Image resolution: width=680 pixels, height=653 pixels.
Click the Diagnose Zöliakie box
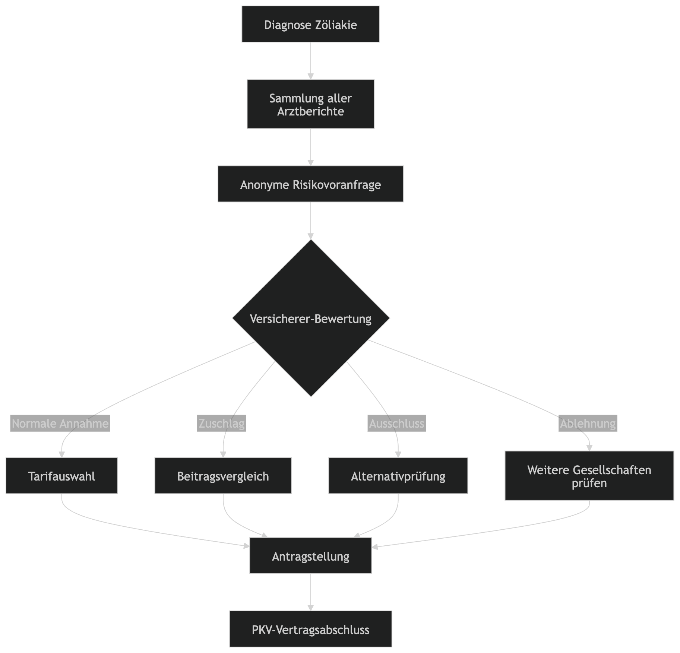point(310,24)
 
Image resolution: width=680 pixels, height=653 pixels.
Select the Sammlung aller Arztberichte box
point(310,104)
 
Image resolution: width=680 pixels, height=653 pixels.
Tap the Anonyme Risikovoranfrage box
point(310,184)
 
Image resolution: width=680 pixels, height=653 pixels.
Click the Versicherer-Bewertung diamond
point(311,318)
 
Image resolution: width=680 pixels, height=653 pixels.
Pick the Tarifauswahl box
point(62,476)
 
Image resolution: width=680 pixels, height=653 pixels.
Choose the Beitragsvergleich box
point(223,476)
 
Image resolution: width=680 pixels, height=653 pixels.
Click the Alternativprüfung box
point(398,476)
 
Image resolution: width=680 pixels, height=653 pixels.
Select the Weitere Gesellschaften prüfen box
point(589,476)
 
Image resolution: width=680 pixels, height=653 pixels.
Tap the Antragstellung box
point(310,556)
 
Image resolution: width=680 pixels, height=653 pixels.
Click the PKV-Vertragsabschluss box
point(310,630)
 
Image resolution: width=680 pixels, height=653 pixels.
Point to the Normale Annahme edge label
point(60,424)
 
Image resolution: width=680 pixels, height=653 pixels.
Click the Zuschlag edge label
point(221,424)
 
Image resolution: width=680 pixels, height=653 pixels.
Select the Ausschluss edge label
point(396,424)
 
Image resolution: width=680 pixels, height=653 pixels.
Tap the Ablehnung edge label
point(588,424)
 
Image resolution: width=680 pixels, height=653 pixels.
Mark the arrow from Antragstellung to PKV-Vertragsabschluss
point(310,592)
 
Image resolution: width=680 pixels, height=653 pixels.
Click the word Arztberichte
point(310,111)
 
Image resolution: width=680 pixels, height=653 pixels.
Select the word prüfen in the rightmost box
point(589,483)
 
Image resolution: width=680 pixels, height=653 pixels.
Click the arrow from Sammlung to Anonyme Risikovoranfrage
point(310,147)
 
